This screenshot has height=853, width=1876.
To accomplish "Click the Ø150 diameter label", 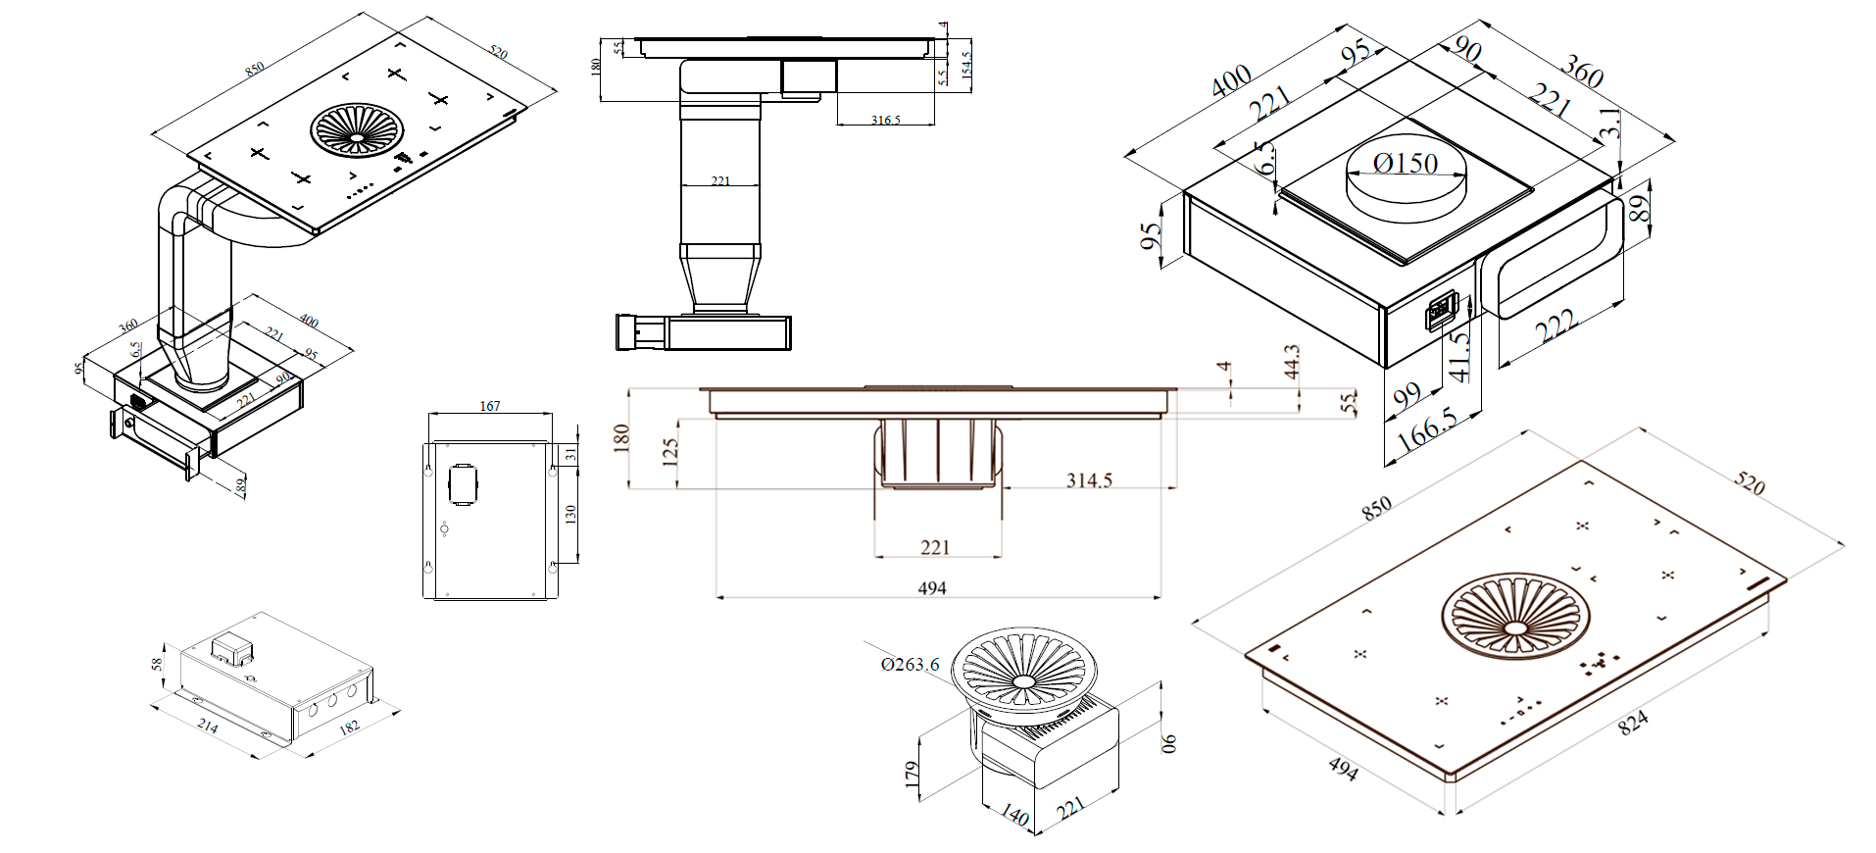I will click(1406, 164).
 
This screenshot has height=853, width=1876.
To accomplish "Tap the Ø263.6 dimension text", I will click(910, 665).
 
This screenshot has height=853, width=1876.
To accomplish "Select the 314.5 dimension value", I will click(1089, 480).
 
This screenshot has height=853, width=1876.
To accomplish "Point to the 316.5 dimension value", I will click(885, 120).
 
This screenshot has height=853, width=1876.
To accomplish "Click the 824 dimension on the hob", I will click(1633, 724).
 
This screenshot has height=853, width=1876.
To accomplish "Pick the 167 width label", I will click(490, 406).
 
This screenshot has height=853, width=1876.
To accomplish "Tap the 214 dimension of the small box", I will click(208, 726).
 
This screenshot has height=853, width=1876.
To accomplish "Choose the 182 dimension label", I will click(349, 728).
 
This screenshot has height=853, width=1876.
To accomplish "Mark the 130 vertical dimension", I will click(570, 513).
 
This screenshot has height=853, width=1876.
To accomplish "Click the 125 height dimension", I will click(671, 451).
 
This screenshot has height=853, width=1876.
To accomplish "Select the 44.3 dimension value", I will click(1292, 361).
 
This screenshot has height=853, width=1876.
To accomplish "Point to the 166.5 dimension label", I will click(1427, 430).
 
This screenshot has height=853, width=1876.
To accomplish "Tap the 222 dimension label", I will click(1555, 326).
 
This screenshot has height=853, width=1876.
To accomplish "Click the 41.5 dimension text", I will click(1460, 355).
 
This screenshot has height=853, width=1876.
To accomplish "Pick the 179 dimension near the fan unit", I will click(913, 775).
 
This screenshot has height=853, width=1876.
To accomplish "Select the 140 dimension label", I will click(1015, 815).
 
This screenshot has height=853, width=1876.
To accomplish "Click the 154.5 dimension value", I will click(966, 66).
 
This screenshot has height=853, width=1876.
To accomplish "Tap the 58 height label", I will click(157, 665).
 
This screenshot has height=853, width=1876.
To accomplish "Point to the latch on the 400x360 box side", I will click(1441, 312).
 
